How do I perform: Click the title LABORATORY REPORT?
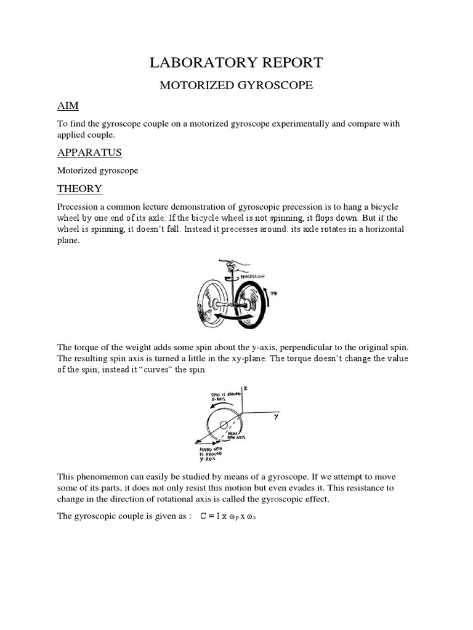(x=236, y=62)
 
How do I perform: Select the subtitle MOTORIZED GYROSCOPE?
(x=236, y=86)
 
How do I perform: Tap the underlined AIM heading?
(x=68, y=106)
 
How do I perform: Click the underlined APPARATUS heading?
(x=89, y=152)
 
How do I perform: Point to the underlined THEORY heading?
(x=79, y=188)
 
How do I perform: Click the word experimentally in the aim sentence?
(x=295, y=124)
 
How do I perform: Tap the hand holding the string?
(x=236, y=266)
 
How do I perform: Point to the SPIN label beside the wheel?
(x=273, y=294)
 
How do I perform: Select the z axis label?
(x=245, y=389)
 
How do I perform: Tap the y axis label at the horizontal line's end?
(x=277, y=417)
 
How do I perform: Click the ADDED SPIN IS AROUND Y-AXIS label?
(x=206, y=455)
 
